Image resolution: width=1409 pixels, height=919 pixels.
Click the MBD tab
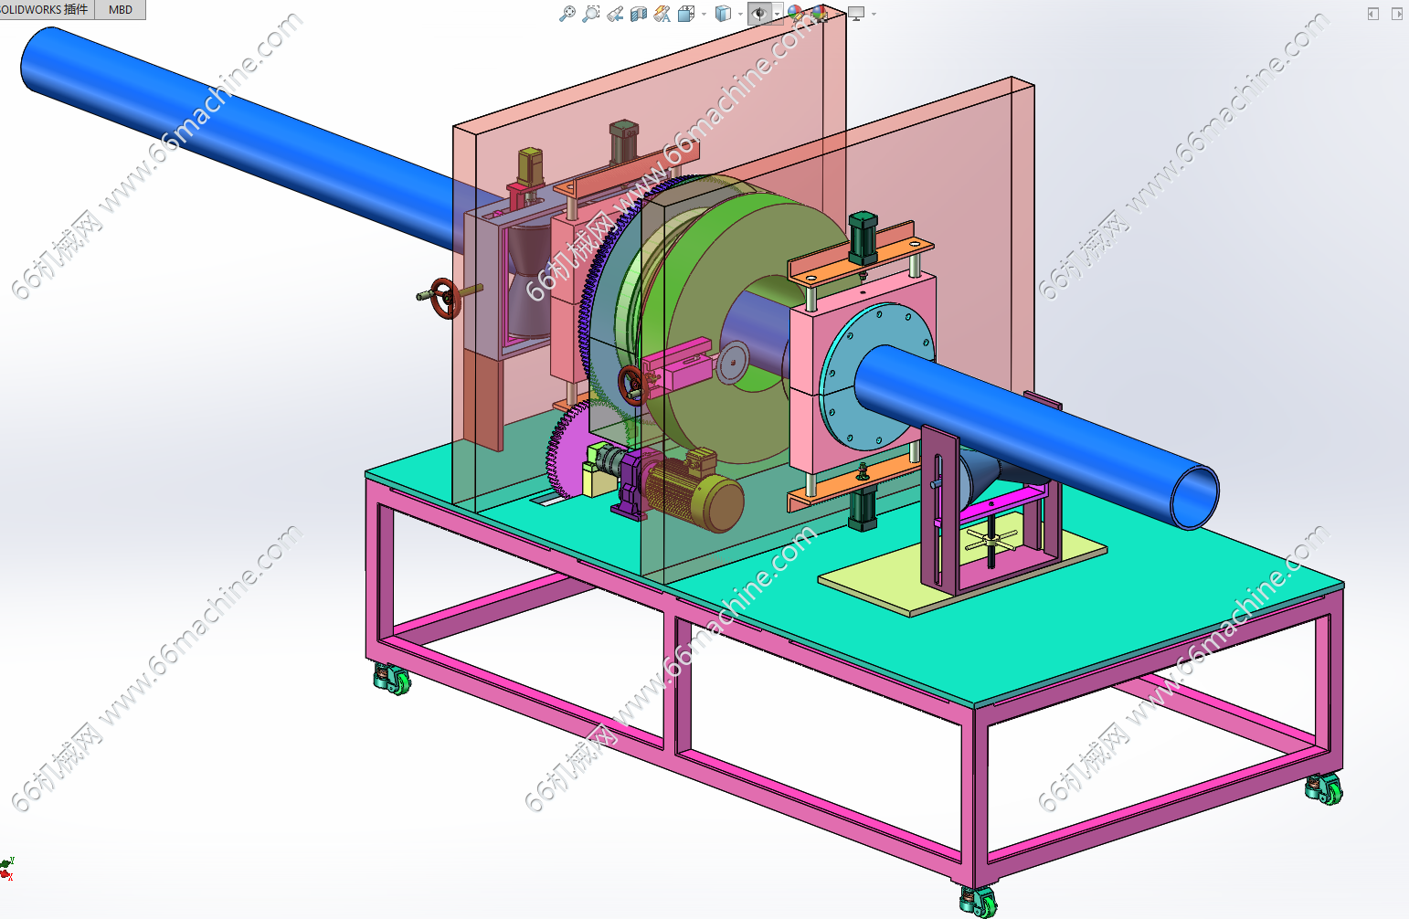(120, 9)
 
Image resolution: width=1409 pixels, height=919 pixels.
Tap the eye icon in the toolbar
(760, 13)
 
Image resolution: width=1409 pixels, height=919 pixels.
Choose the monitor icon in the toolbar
(856, 13)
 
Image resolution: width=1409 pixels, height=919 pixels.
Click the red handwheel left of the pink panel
(446, 298)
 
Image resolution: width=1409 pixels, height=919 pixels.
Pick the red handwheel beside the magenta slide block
(631, 385)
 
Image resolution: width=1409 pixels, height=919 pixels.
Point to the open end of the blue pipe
(1194, 497)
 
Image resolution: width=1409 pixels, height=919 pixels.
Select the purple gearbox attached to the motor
(632, 484)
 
